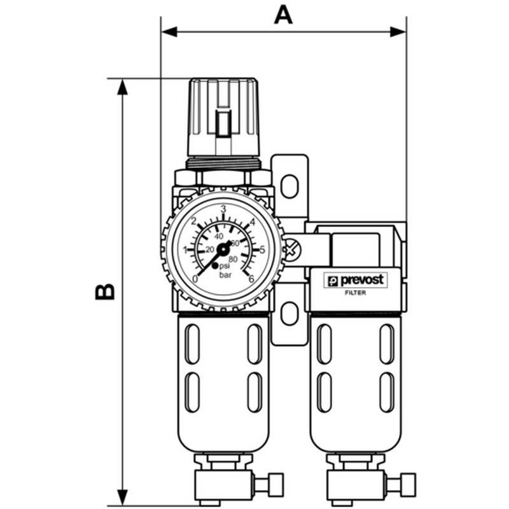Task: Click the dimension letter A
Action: click(283, 15)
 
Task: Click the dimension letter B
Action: click(104, 291)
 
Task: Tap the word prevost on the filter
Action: click(361, 280)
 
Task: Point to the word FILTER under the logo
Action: click(355, 293)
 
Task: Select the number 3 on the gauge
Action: click(223, 209)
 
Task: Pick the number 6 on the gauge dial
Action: click(251, 279)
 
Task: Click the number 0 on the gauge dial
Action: click(195, 279)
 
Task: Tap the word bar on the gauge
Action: click(225, 275)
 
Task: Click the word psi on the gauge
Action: click(225, 267)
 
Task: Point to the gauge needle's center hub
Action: click(223, 249)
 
